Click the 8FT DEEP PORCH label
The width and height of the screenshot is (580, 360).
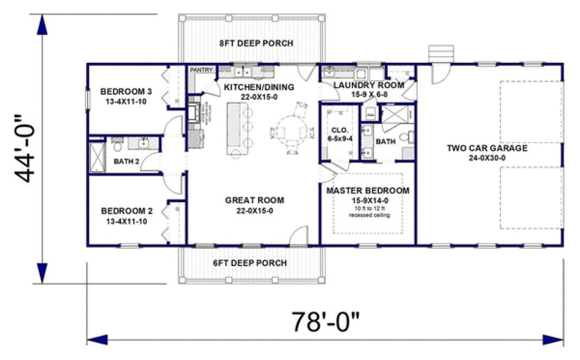pos(256,43)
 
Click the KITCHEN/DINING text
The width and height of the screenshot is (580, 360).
pos(259,87)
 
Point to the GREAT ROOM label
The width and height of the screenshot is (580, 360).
pos(254,200)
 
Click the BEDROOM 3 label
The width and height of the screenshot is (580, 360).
pos(126,91)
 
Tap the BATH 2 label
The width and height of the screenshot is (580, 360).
pos(127,161)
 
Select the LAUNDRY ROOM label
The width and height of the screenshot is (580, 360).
pos(369,85)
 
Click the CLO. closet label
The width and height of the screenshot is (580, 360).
pos(339,130)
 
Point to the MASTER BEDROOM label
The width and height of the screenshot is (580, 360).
pos(367,191)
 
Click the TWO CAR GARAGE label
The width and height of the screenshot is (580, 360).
pos(486,148)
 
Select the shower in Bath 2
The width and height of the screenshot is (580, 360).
pos(96,156)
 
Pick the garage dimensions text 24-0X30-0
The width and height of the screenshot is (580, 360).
pos(486,158)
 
